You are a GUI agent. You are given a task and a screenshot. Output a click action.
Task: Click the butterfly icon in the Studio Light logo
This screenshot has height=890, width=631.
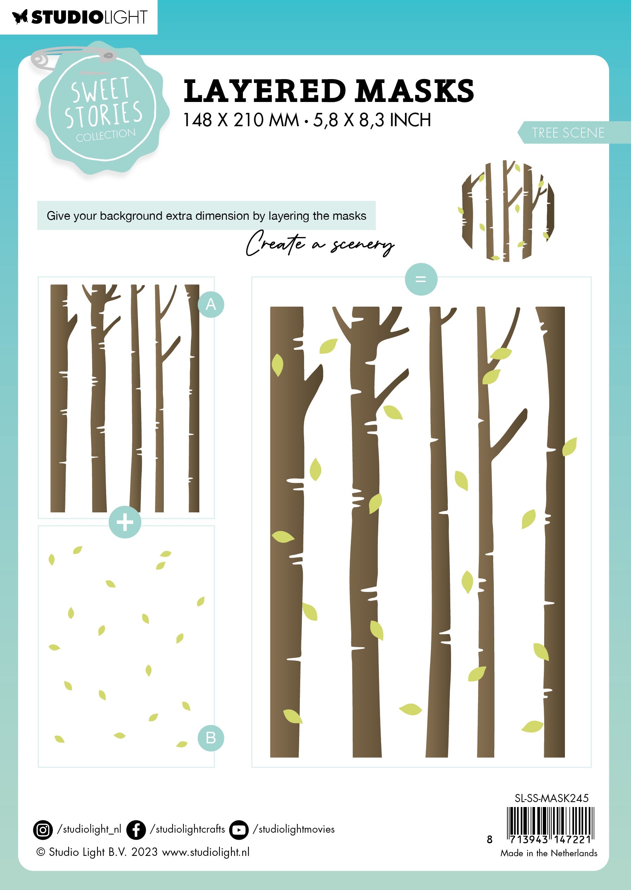pos(20,17)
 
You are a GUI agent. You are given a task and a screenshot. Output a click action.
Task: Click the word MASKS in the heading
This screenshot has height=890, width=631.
pos(414,91)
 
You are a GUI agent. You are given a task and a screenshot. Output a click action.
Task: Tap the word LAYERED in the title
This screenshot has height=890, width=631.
pos(265,91)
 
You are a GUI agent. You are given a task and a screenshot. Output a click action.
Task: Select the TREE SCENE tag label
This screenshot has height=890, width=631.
pos(568,133)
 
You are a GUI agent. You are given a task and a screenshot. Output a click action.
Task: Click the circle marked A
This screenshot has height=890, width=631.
pos(211,304)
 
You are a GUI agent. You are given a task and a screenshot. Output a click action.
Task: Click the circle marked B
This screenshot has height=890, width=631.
pos(211,738)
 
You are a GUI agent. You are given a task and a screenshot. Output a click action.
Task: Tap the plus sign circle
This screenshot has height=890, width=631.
pos(125,522)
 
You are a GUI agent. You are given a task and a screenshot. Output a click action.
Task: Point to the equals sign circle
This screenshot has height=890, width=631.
pos(421,279)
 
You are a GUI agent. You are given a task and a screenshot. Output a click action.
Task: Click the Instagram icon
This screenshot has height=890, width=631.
pos(43,830)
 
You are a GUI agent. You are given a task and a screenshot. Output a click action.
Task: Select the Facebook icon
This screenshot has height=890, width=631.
pos(136,830)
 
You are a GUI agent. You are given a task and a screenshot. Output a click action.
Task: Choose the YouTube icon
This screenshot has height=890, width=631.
pos(239,830)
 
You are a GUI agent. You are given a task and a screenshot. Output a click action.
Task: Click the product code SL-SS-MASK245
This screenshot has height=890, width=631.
pos(551,798)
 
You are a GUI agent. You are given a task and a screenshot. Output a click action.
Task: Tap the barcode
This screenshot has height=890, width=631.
pos(550,824)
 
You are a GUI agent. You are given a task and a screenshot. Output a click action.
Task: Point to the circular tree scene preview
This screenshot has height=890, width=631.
pos(508,211)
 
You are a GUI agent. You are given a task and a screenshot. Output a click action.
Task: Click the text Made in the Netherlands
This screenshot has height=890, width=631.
pos(549,853)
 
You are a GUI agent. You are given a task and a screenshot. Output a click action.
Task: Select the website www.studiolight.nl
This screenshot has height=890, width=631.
pos(206,852)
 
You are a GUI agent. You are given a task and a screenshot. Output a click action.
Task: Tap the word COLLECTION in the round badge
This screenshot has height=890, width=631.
pos(106,135)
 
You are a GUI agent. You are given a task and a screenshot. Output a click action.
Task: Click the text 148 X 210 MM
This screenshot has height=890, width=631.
pos(241,120)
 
